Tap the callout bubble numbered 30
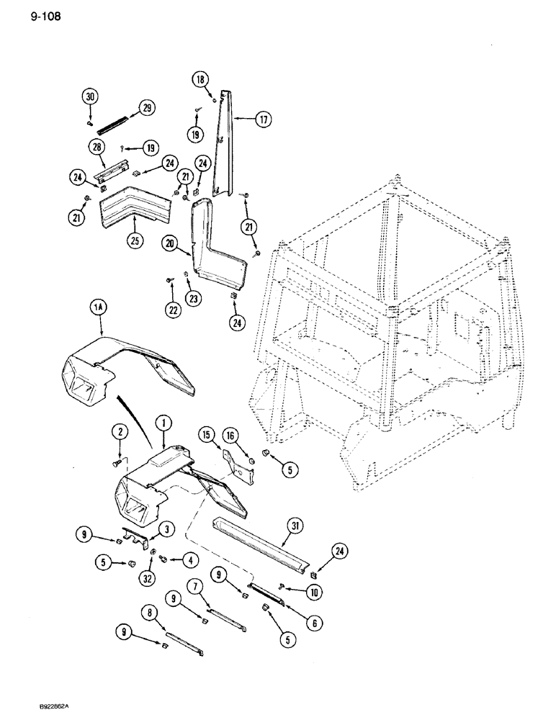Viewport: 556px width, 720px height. pos(89,97)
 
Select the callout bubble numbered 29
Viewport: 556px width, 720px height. pos(147,109)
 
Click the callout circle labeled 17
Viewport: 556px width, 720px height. pos(262,120)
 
